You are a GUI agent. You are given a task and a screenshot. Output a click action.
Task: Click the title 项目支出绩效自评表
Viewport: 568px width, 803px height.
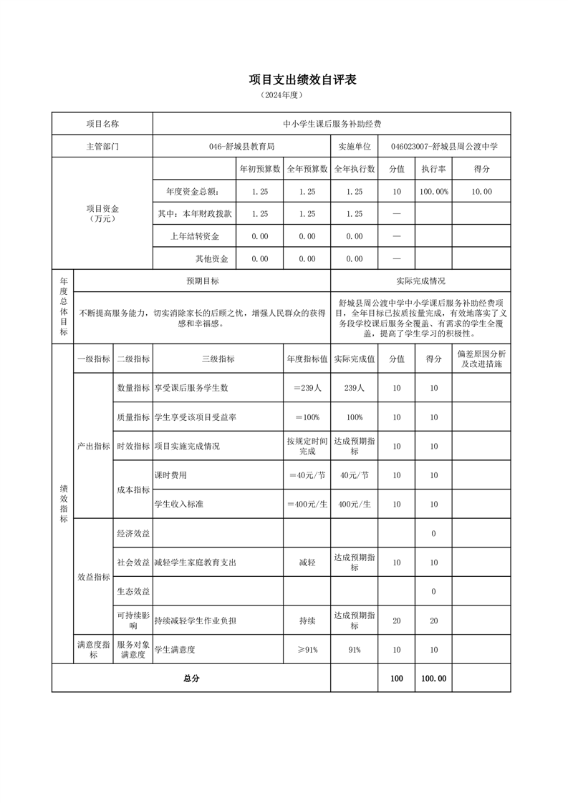pos(302,79)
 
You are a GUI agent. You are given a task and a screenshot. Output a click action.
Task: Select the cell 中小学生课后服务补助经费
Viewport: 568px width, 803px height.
pos(332,124)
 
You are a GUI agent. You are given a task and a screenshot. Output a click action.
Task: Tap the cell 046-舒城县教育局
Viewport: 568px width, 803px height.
pos(241,146)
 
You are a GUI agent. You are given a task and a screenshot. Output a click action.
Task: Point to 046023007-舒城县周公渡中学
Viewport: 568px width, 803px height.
pos(444,146)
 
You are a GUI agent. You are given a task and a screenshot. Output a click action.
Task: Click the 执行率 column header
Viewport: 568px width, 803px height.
pos(433,169)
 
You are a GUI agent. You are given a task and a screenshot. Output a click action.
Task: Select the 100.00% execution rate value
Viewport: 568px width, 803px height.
pos(433,192)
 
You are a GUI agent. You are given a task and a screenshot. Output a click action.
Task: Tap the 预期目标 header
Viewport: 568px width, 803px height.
pos(202,281)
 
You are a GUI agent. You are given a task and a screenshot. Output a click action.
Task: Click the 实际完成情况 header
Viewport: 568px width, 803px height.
pos(420,281)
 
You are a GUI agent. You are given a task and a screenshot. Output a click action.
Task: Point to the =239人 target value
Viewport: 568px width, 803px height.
pos(307,388)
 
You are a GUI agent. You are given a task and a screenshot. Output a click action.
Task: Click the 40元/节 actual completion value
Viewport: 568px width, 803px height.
pos(355,474)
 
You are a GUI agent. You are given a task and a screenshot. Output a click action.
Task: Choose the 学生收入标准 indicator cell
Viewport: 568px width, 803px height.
pos(179,504)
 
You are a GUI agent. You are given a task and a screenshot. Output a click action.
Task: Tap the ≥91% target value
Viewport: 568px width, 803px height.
pos(307,649)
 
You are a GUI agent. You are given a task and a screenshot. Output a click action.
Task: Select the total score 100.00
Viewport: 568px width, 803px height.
pos(433,678)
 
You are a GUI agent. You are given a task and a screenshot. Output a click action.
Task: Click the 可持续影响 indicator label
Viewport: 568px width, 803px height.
pos(134,620)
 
